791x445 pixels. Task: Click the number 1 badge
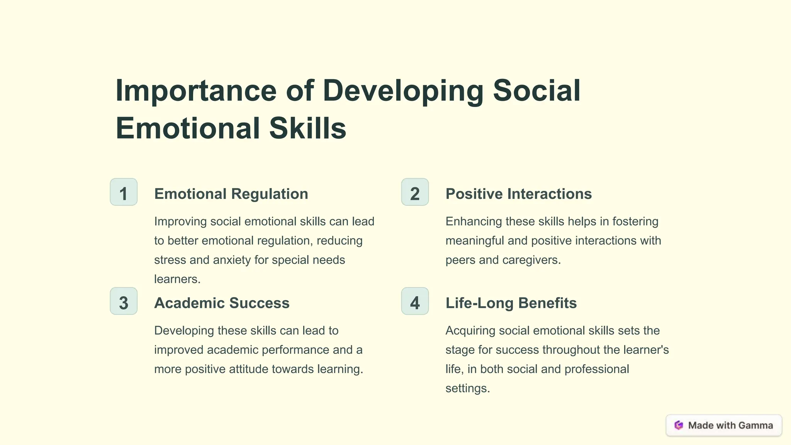[124, 192]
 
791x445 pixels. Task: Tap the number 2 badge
[415, 192]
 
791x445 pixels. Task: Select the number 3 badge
[124, 301]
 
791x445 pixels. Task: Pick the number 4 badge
[415, 301]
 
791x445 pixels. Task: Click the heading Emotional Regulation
[231, 194]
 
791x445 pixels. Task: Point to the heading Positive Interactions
[518, 194]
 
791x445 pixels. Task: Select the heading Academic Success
[222, 303]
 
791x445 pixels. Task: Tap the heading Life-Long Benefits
[511, 303]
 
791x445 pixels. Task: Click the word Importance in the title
[196, 91]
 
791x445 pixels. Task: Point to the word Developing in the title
[403, 91]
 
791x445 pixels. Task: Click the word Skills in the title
[307, 128]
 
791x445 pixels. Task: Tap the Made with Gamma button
[724, 425]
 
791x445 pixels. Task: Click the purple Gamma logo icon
[679, 425]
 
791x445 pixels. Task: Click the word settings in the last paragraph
[467, 388]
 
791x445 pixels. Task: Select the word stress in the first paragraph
[170, 260]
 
